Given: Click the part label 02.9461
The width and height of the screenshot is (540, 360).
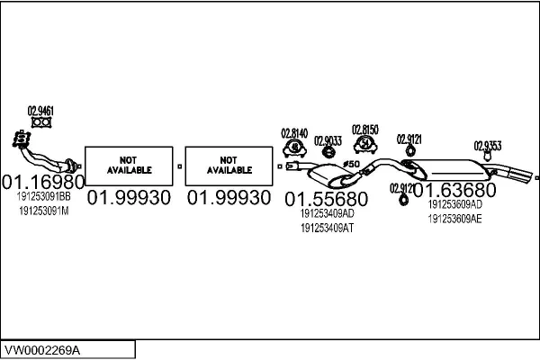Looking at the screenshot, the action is pos(40,112).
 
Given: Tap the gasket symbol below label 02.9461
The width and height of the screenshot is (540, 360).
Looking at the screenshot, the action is pos(41,122).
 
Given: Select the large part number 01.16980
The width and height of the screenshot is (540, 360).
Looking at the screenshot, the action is pos(43,182).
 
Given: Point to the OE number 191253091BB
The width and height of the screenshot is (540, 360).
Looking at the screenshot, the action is pos(44,197).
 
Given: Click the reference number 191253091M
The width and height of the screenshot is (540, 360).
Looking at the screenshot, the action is pos(44,211).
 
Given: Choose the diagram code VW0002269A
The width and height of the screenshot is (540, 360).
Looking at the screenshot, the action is pos(42,350).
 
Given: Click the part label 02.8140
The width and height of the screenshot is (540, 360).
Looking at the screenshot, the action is pos(294,133).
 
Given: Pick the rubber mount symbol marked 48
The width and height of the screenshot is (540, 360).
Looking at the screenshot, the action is pos(295,148).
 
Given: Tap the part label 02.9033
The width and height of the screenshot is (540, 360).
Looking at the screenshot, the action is pos(328,141).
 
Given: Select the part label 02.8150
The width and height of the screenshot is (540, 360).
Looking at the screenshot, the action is pos(365,130).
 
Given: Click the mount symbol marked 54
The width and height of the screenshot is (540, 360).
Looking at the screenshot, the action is pos(365,144).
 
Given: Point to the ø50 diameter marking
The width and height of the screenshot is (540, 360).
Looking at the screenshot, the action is pos(351,164).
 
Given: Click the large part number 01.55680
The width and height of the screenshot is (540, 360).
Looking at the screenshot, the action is pos(327,199).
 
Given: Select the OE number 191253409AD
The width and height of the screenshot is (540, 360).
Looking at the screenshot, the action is pos(328,213).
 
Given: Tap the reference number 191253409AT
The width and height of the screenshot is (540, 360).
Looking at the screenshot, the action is pos(328,228).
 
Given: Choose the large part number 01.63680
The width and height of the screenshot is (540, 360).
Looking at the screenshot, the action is pos(454,190).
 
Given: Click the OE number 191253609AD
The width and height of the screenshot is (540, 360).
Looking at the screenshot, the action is pos(454,204).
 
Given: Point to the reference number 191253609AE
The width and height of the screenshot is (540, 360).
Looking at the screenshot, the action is pos(454,219).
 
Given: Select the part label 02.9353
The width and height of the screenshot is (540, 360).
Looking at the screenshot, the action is pos(488,146).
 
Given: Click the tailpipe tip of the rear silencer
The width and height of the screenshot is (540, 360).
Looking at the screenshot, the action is pos(528,175).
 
